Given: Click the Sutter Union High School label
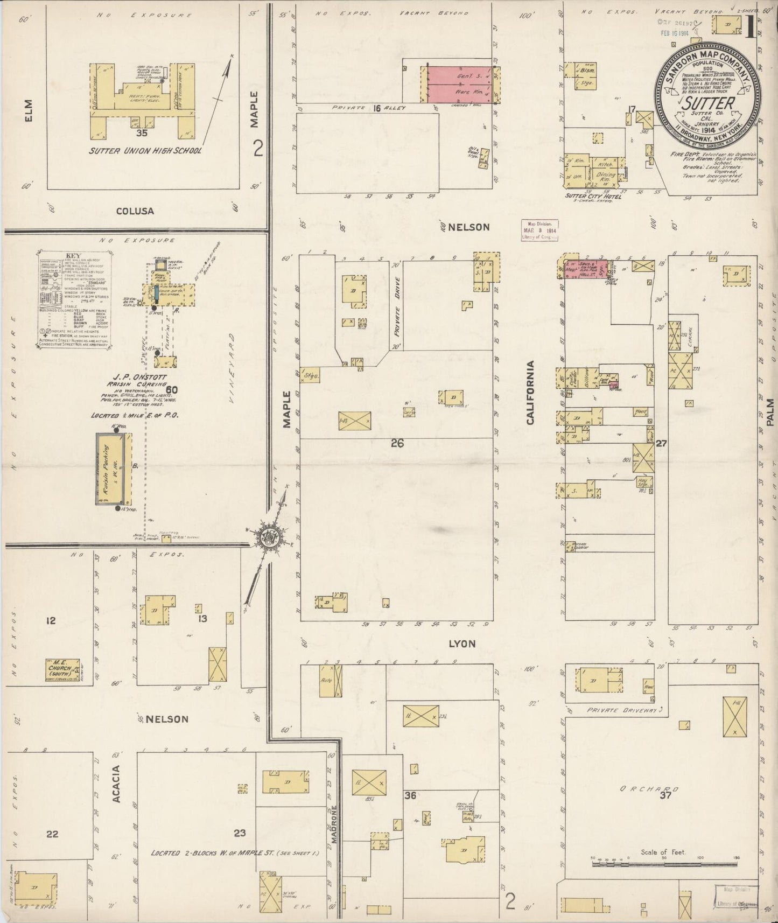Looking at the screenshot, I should (x=145, y=151).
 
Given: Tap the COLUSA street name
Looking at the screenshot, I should (x=135, y=211).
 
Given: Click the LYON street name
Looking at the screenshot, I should (x=462, y=644).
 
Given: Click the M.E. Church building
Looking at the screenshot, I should (x=62, y=670).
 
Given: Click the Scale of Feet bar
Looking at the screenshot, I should (x=663, y=864).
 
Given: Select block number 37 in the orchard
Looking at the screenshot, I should (x=665, y=795).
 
